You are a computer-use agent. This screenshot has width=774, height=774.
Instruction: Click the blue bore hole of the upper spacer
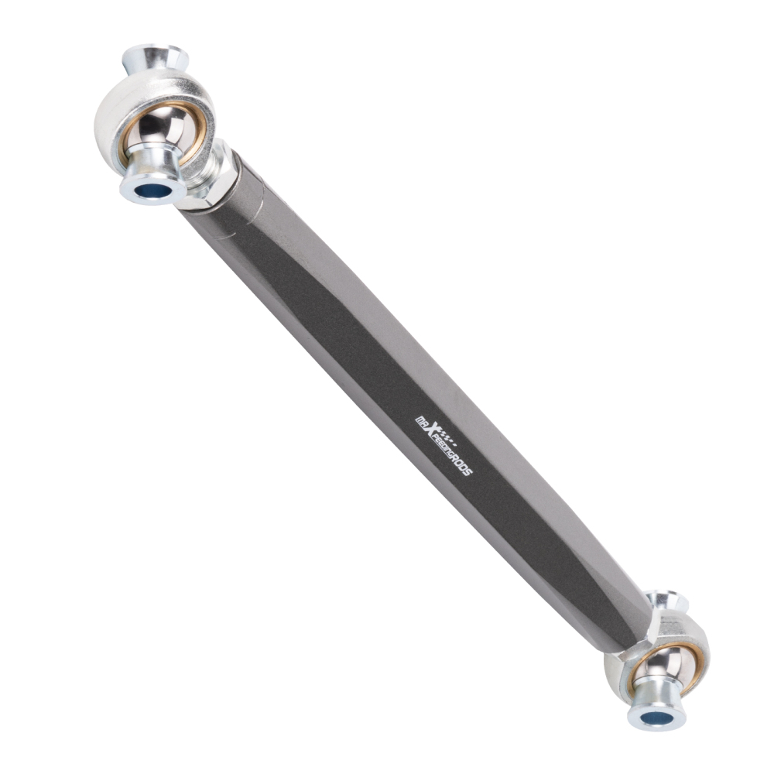(x=152, y=191)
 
